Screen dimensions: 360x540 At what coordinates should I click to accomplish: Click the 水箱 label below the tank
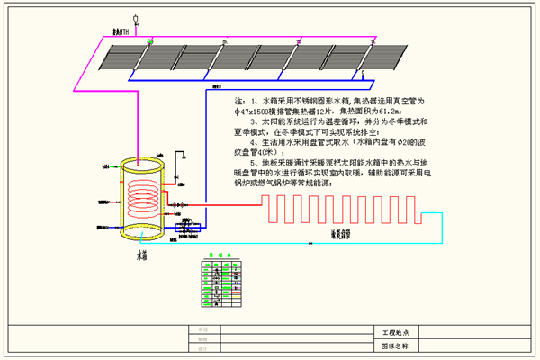pyautogui.click(x=141, y=256)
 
